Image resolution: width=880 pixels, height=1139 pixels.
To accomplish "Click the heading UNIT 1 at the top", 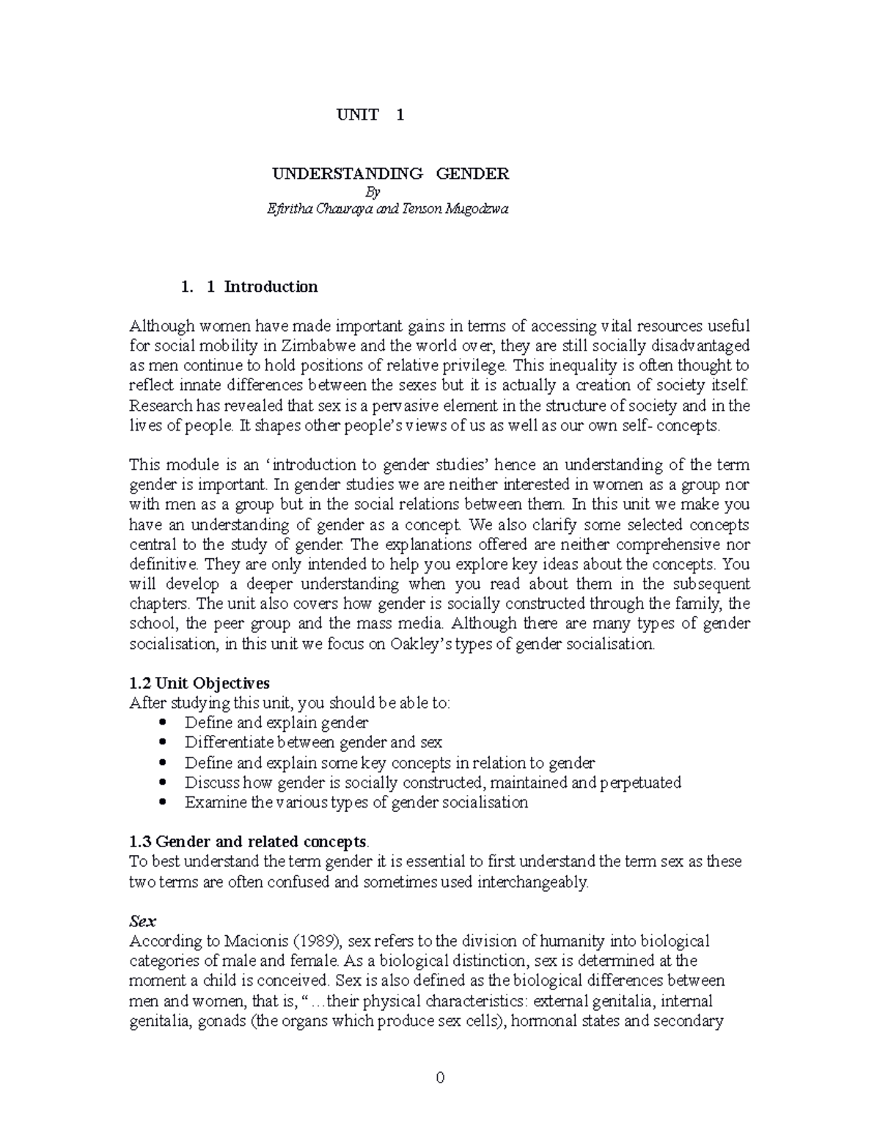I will pyautogui.click(x=370, y=114).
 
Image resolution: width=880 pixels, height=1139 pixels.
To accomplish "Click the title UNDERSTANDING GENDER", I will pyautogui.click(x=391, y=174).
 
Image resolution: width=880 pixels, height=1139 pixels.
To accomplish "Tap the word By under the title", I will pyautogui.click(x=373, y=192).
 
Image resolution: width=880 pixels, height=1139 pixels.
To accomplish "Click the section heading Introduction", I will pyautogui.click(x=271, y=287).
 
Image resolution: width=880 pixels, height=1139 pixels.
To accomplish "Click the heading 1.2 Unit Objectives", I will pyautogui.click(x=199, y=684).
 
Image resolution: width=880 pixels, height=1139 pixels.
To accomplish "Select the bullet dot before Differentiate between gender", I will pyautogui.click(x=163, y=742).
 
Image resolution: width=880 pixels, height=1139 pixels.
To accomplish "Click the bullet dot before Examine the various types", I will pyautogui.click(x=163, y=802).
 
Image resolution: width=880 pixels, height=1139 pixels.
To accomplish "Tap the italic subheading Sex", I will pyautogui.click(x=143, y=921).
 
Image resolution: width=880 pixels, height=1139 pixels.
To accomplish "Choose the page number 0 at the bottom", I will pyautogui.click(x=440, y=1077).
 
